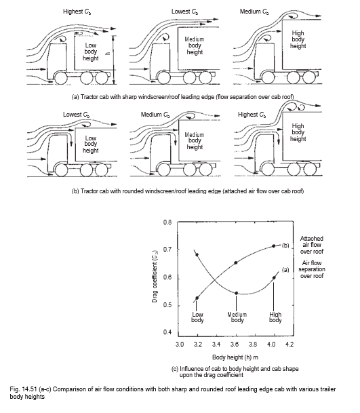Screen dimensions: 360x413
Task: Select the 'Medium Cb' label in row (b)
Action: pyautogui.click(x=158, y=115)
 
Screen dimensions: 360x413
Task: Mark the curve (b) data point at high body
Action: pyautogui.click(x=274, y=245)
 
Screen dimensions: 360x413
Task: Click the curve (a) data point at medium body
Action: pyautogui.click(x=236, y=293)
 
